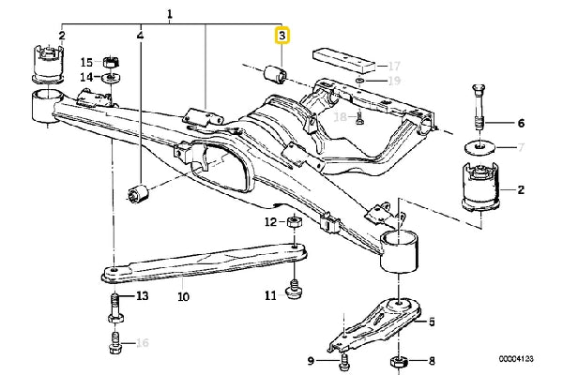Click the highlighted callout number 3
[x=281, y=36]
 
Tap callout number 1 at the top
[x=170, y=14]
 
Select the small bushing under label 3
[x=276, y=74]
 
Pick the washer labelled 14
[x=112, y=77]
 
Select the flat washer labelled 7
[x=479, y=147]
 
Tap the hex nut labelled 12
[x=295, y=222]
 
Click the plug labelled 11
[x=295, y=290]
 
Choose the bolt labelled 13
[x=114, y=307]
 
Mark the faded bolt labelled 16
[x=114, y=342]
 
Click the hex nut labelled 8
[x=398, y=361]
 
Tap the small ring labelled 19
[x=360, y=80]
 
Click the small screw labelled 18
[x=359, y=118]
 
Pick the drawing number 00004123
[x=515, y=358]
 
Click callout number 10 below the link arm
[x=183, y=297]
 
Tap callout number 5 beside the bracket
[x=432, y=322]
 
